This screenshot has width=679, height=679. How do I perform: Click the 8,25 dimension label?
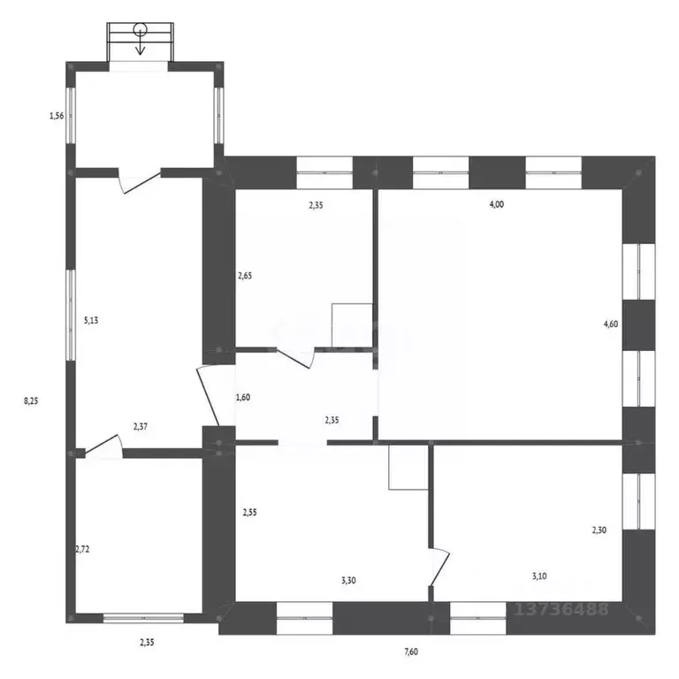click(x=31, y=401)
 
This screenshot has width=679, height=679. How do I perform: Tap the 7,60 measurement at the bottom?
click(x=410, y=652)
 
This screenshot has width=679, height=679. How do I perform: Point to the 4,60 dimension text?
click(x=611, y=324)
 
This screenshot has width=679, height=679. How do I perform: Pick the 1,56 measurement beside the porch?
click(x=57, y=115)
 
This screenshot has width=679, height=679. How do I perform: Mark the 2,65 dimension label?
click(x=245, y=275)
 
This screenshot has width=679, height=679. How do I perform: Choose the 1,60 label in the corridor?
click(x=243, y=397)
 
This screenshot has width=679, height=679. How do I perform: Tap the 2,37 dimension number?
click(x=141, y=426)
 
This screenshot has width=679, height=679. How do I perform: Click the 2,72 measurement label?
click(x=82, y=548)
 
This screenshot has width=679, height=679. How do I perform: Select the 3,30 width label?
click(x=349, y=579)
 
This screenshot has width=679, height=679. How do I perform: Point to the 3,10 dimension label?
click(x=539, y=576)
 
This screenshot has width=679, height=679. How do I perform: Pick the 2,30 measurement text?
click(x=599, y=530)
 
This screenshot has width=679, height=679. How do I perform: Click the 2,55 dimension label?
click(x=250, y=511)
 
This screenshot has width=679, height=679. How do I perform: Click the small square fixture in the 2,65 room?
click(x=352, y=324)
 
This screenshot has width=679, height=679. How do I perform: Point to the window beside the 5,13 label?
click(x=70, y=312)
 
